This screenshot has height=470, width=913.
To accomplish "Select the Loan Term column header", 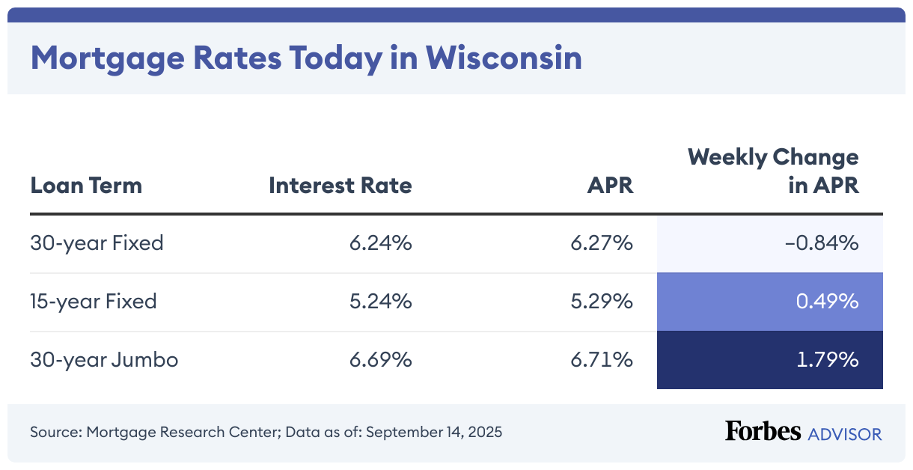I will pos(86,185).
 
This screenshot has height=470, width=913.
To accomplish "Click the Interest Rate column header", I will pos(341,185).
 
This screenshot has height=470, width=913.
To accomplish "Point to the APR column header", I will pos(610,185).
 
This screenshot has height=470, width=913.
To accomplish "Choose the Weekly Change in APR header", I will pos(773,171).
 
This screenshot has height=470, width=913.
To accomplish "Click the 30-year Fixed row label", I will pos(97,243).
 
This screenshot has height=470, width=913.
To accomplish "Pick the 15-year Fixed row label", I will pos(94,302).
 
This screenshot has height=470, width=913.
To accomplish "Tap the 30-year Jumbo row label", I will pos(104,360).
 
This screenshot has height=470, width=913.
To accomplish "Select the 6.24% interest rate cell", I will pos(380,243).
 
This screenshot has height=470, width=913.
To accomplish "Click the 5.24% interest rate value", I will pos(380,302).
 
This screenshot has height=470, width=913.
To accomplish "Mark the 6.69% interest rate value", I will pos(380,360).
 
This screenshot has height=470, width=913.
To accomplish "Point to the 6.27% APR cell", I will pos(602,243).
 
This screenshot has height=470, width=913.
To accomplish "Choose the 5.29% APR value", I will pos(602,302).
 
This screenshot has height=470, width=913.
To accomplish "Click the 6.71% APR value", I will pos(602,360).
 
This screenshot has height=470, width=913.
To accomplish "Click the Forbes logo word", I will pos(763,432).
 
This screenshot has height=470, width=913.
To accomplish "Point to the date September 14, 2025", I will pos(434,432).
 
